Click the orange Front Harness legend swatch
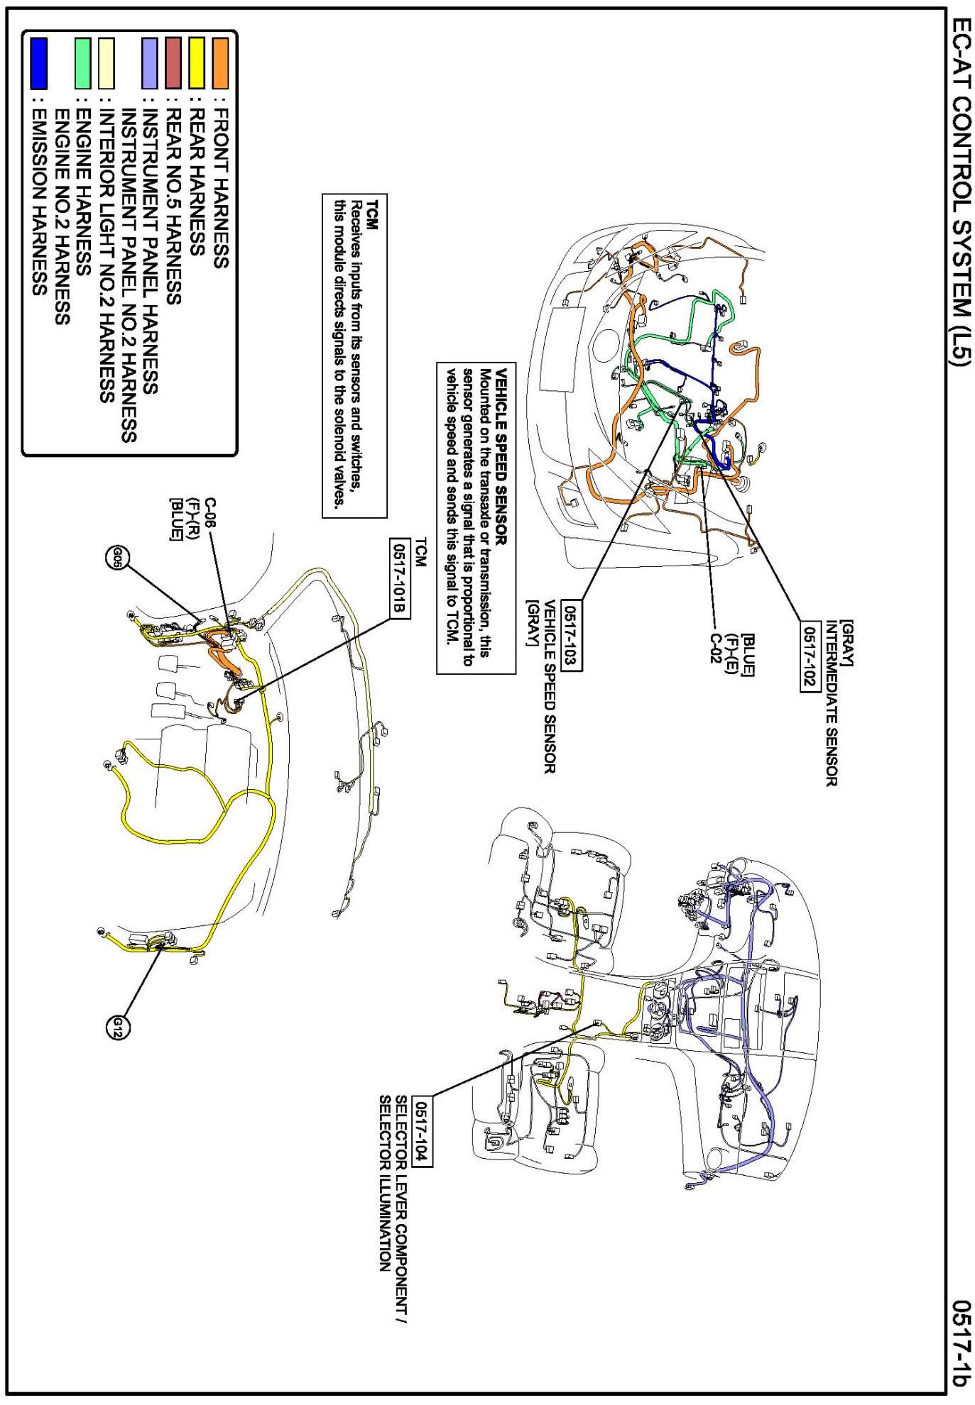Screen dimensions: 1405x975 click(220, 63)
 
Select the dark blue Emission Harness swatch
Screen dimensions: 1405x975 click(38, 63)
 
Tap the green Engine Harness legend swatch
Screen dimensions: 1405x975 click(83, 63)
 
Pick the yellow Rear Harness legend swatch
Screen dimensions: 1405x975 click(197, 63)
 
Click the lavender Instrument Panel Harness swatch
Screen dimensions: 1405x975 click(149, 63)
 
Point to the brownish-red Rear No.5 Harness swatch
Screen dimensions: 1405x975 click(173, 63)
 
